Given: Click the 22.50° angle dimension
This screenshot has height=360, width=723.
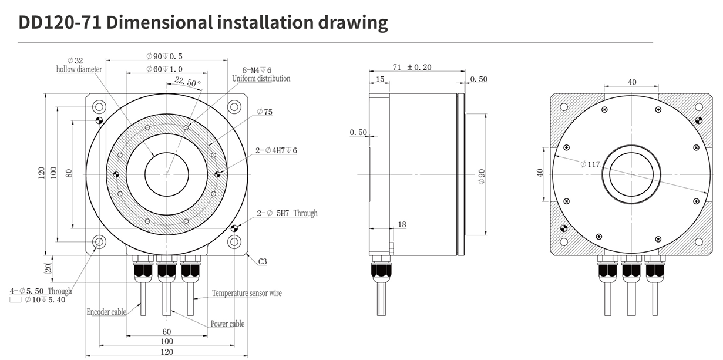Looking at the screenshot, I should point(188,82).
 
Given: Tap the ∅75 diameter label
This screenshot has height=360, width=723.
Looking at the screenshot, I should point(264,112).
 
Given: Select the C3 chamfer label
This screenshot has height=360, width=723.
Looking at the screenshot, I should point(262,262).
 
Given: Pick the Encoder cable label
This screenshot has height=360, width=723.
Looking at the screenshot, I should point(106,312).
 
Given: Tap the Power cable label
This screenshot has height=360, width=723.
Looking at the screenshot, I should point(227,324).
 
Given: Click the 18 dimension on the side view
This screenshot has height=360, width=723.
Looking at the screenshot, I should point(402,224).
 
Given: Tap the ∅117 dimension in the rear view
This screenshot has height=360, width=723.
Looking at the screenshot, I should point(590,164).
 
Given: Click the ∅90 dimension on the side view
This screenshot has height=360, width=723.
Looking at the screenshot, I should point(482,176).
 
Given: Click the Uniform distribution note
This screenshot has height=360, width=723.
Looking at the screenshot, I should point(261,79).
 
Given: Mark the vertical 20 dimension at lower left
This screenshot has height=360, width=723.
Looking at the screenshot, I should point(48,268).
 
